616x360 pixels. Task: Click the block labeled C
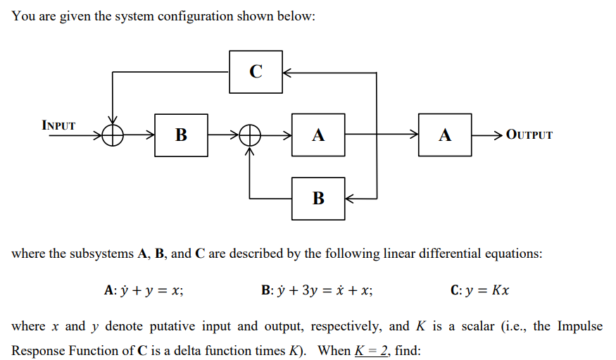[256, 71]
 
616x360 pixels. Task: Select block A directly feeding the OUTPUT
[444, 134]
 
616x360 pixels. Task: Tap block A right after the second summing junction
[318, 134]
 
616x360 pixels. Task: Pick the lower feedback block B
[318, 198]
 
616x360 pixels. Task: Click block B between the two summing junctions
[181, 134]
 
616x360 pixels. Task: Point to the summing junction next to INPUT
[112, 134]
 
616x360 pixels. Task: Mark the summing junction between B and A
[249, 134]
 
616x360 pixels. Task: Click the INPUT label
[58, 125]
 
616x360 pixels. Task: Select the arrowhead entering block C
[287, 71]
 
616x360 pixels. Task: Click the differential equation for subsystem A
[144, 290]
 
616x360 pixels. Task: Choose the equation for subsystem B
[317, 290]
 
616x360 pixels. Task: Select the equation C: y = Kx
[479, 290]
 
